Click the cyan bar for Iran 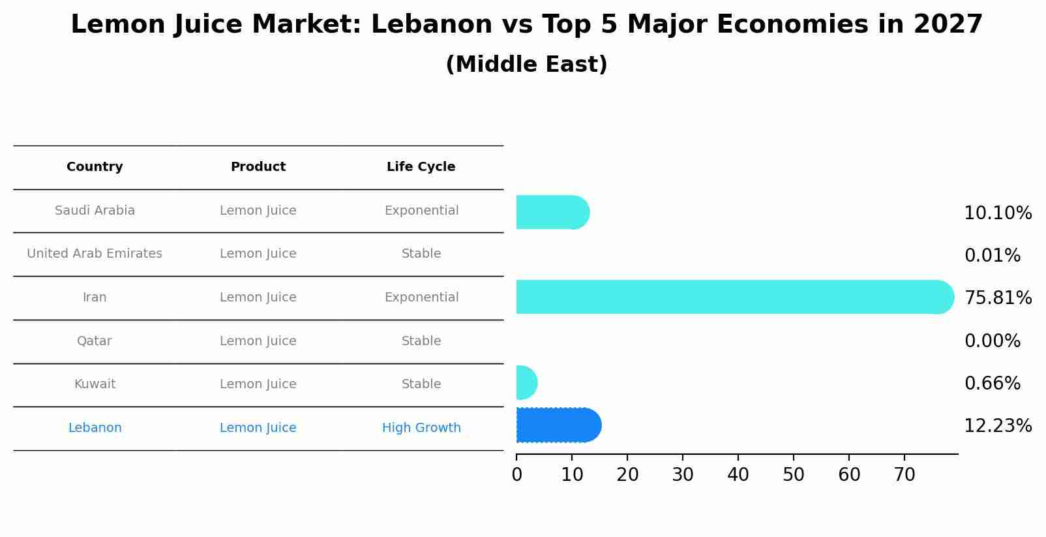[730, 297]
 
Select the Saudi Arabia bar [551, 212]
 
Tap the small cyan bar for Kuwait [526, 383]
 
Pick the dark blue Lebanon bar [558, 425]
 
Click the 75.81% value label [998, 298]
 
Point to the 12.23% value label [998, 426]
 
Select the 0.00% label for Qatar [992, 341]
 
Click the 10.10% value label [998, 213]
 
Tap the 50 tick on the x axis [794, 475]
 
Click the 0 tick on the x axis [516, 475]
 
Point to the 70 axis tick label [904, 475]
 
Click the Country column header [95, 167]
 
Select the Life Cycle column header [421, 167]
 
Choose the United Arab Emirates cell [95, 254]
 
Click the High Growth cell [421, 428]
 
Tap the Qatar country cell [95, 341]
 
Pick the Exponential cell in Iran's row [421, 298]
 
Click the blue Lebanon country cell [95, 428]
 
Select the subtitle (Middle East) [526, 65]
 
